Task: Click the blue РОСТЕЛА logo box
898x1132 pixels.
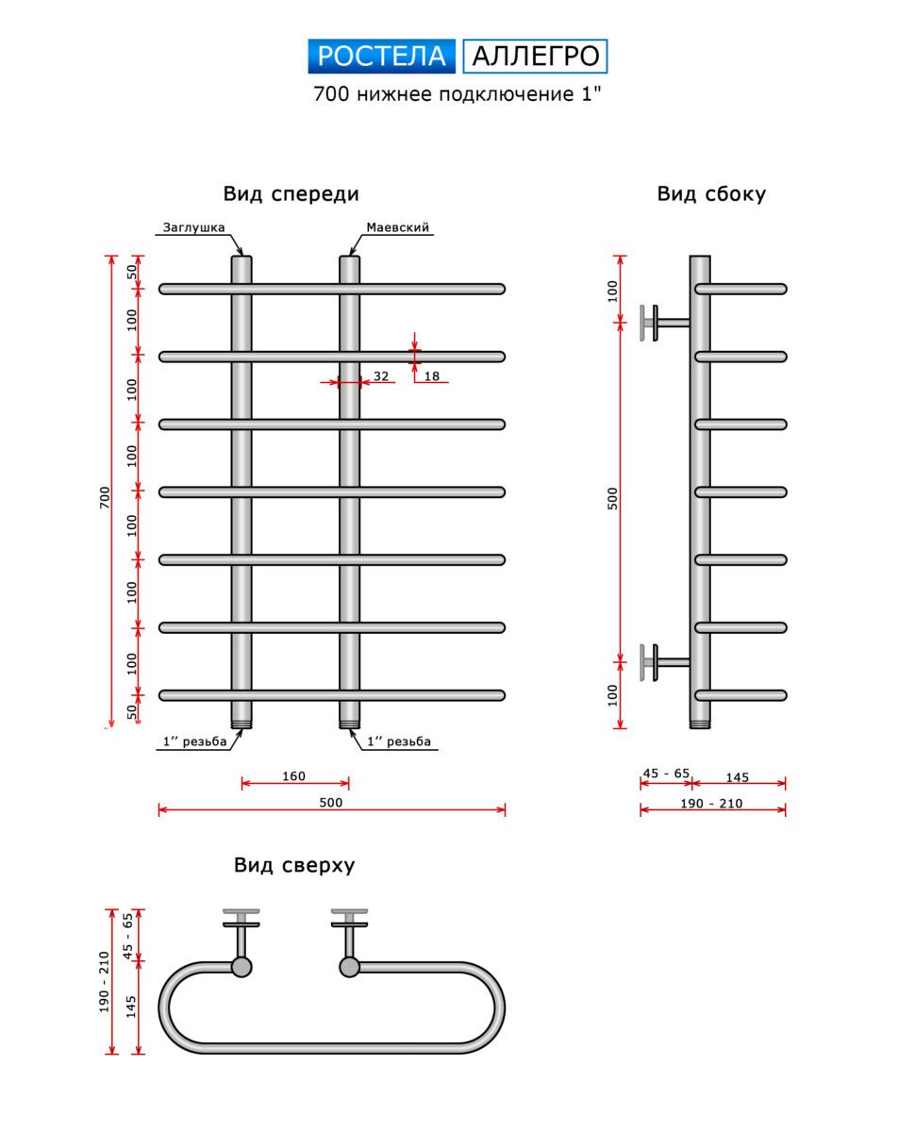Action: (x=381, y=57)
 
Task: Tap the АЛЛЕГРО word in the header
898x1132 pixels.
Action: (x=535, y=57)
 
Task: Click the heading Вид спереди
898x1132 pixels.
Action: (x=291, y=194)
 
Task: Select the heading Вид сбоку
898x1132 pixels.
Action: (x=711, y=194)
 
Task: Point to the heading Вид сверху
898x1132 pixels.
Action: (x=294, y=865)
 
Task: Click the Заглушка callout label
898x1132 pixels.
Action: (x=193, y=227)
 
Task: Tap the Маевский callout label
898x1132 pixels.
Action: (x=397, y=227)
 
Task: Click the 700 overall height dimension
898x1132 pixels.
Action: (x=105, y=496)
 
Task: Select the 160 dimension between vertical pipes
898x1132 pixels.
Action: (x=294, y=776)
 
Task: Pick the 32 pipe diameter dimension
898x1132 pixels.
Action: (x=381, y=375)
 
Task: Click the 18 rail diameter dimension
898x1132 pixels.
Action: (x=431, y=375)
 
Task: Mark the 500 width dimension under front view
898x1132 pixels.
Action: (x=330, y=803)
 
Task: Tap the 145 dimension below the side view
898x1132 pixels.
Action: (x=737, y=776)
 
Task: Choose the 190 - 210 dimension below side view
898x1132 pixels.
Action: (x=712, y=804)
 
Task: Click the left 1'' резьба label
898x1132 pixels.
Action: (x=193, y=741)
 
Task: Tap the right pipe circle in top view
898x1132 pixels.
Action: (x=349, y=967)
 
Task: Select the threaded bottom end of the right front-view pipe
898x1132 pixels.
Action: (x=349, y=724)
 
